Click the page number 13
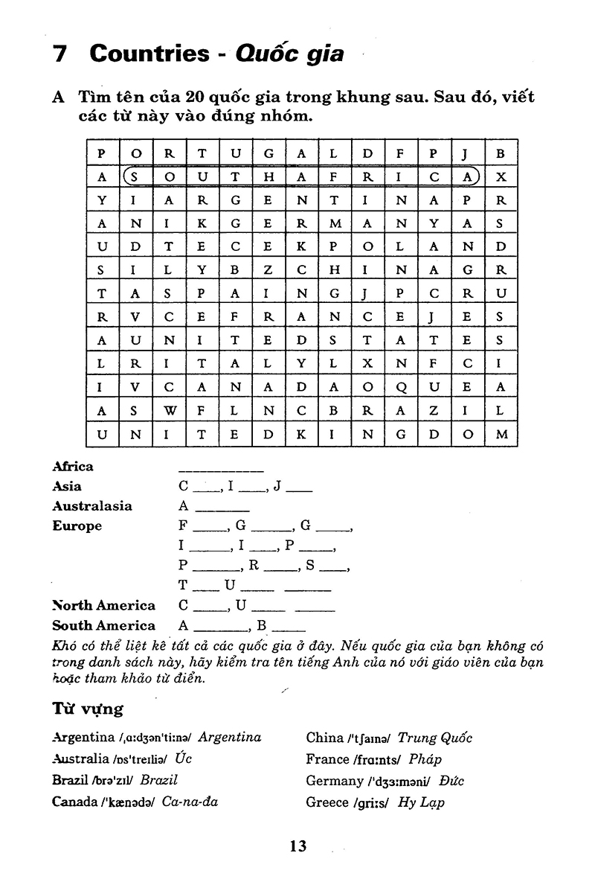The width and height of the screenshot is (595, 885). (x=297, y=846)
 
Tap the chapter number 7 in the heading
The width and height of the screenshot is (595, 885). (x=61, y=54)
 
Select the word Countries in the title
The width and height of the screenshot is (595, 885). (x=149, y=54)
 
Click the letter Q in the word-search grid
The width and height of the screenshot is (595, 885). (x=402, y=386)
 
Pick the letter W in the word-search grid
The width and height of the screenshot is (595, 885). (x=170, y=409)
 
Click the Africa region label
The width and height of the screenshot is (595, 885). (x=73, y=467)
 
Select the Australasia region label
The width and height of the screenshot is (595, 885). (x=92, y=506)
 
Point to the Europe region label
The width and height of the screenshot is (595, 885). (x=77, y=526)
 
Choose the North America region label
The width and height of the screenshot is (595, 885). (x=103, y=606)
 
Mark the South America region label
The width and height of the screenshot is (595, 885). (x=103, y=626)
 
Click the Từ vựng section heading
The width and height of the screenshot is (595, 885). (x=87, y=708)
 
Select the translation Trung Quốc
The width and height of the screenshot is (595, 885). (x=435, y=738)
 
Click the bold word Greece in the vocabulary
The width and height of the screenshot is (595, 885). (x=327, y=802)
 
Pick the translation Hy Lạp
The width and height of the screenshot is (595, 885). (x=422, y=803)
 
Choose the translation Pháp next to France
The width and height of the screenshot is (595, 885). (x=425, y=760)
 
